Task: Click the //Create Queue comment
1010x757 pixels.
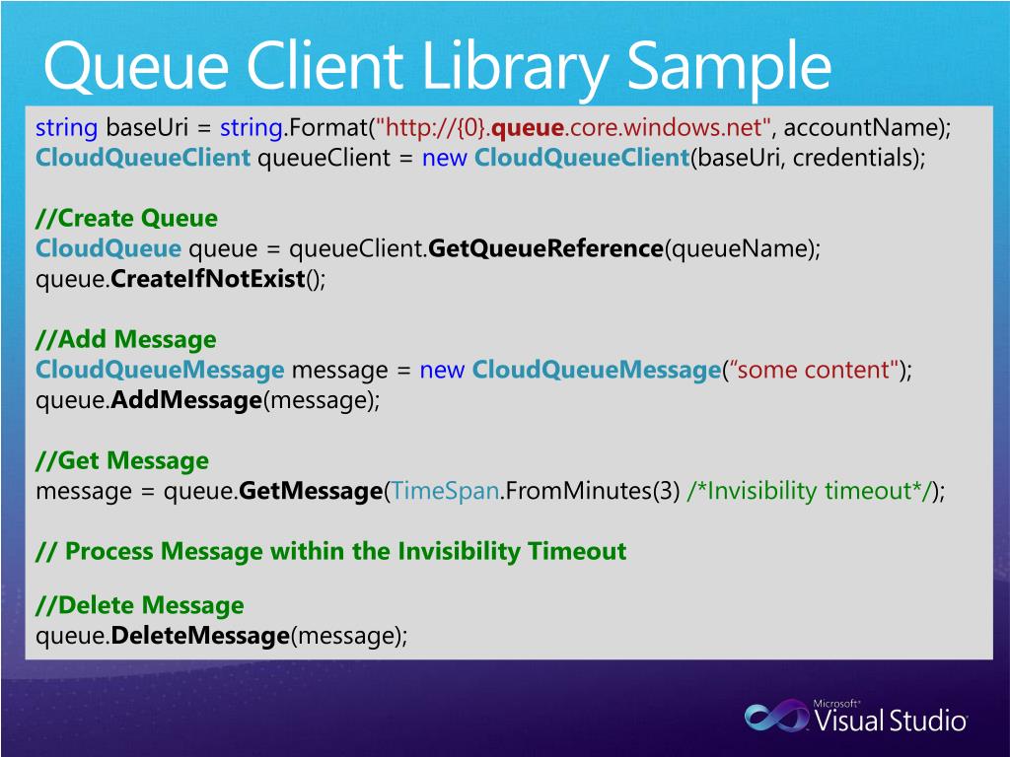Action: tap(126, 218)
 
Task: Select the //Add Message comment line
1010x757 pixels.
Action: tap(125, 340)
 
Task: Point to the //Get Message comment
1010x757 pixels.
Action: tap(122, 460)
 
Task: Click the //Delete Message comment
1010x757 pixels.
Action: tap(139, 605)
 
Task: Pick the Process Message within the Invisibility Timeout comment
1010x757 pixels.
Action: tap(330, 551)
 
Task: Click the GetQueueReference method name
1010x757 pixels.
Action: tap(546, 248)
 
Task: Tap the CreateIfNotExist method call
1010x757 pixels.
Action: tap(208, 279)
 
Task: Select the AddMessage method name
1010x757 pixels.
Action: tap(186, 401)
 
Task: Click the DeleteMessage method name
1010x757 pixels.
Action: tap(199, 636)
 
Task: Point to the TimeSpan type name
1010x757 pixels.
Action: tap(445, 491)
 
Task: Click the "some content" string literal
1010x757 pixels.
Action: tap(816, 371)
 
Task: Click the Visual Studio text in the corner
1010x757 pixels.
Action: tap(890, 721)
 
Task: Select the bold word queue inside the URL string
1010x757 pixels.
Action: tap(528, 127)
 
